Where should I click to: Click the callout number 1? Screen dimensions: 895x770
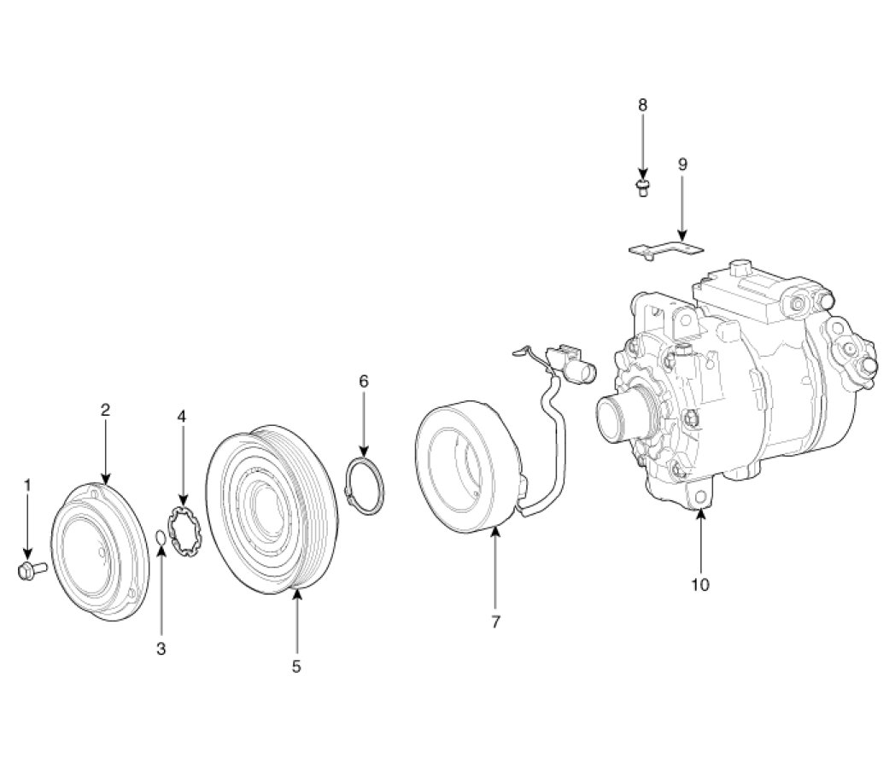click(x=26, y=485)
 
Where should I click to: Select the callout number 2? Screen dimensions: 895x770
click(x=105, y=410)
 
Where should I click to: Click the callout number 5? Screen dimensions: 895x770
click(x=296, y=667)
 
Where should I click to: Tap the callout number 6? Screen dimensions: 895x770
click(x=364, y=381)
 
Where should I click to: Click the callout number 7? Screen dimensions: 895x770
click(x=495, y=622)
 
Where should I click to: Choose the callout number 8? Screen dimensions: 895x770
click(x=643, y=104)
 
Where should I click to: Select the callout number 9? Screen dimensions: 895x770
click(x=682, y=164)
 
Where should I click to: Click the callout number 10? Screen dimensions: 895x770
click(x=700, y=585)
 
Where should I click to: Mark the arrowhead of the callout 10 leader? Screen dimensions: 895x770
click(x=700, y=513)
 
